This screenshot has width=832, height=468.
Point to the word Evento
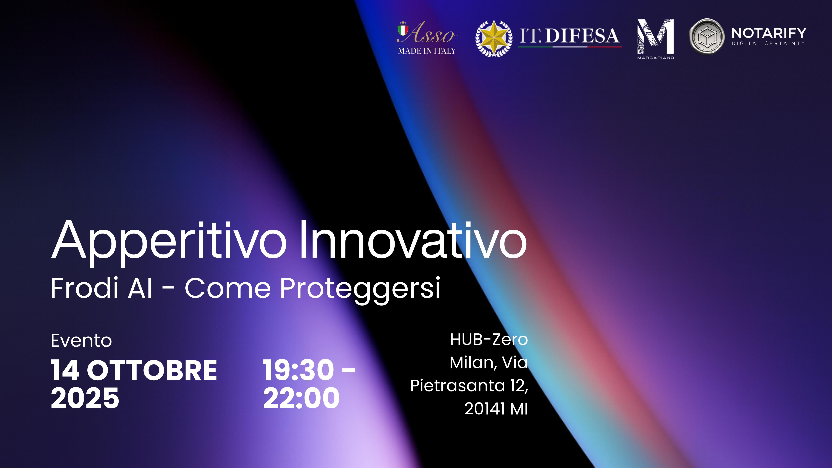[x=81, y=341]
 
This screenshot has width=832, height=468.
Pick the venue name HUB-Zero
[x=489, y=339]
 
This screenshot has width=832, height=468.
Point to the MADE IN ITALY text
[x=427, y=51]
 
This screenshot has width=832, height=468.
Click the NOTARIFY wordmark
[x=769, y=33]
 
